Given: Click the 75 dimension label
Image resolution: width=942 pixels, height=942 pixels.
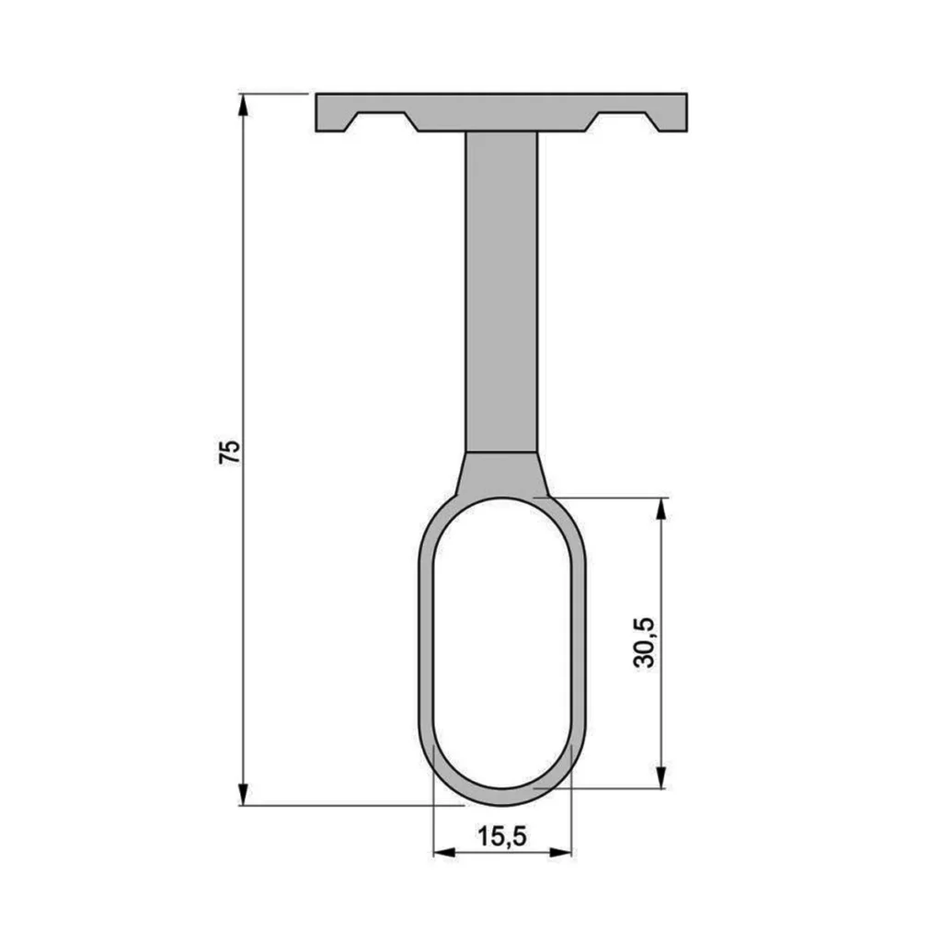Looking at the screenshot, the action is pyautogui.click(x=229, y=451).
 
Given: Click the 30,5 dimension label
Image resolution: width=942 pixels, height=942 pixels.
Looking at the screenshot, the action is pyautogui.click(x=645, y=642).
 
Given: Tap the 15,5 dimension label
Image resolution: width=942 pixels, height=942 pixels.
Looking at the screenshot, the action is pyautogui.click(x=501, y=835).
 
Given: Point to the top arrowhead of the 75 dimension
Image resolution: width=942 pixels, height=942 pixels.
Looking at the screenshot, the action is pyautogui.click(x=243, y=105).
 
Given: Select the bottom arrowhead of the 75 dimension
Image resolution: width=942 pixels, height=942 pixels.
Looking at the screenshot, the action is pyautogui.click(x=243, y=794).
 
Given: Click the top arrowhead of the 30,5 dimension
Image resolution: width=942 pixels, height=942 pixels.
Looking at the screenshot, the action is pyautogui.click(x=661, y=509).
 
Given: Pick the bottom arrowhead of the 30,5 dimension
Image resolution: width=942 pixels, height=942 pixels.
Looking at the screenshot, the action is pyautogui.click(x=661, y=776).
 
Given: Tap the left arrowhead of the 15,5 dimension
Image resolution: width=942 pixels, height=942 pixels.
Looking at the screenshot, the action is pyautogui.click(x=444, y=852).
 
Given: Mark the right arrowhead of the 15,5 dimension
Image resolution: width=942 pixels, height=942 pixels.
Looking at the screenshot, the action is pyautogui.click(x=560, y=852).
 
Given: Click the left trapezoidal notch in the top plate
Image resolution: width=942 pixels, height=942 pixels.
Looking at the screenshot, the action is pyautogui.click(x=382, y=121).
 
